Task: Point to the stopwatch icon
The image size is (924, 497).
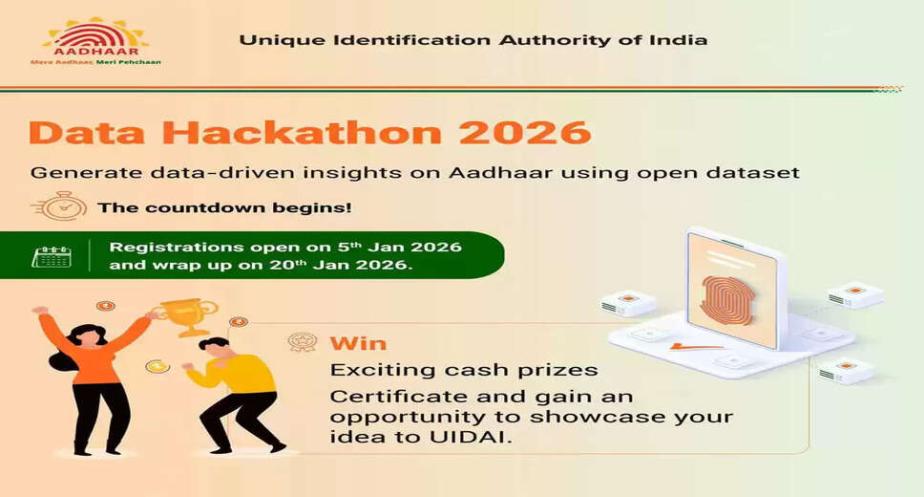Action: tap(58, 206)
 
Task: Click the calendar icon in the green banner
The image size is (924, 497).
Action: tap(52, 256)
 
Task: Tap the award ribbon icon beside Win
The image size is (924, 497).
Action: tap(302, 343)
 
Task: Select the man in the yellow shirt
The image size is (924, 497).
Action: tap(235, 392)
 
